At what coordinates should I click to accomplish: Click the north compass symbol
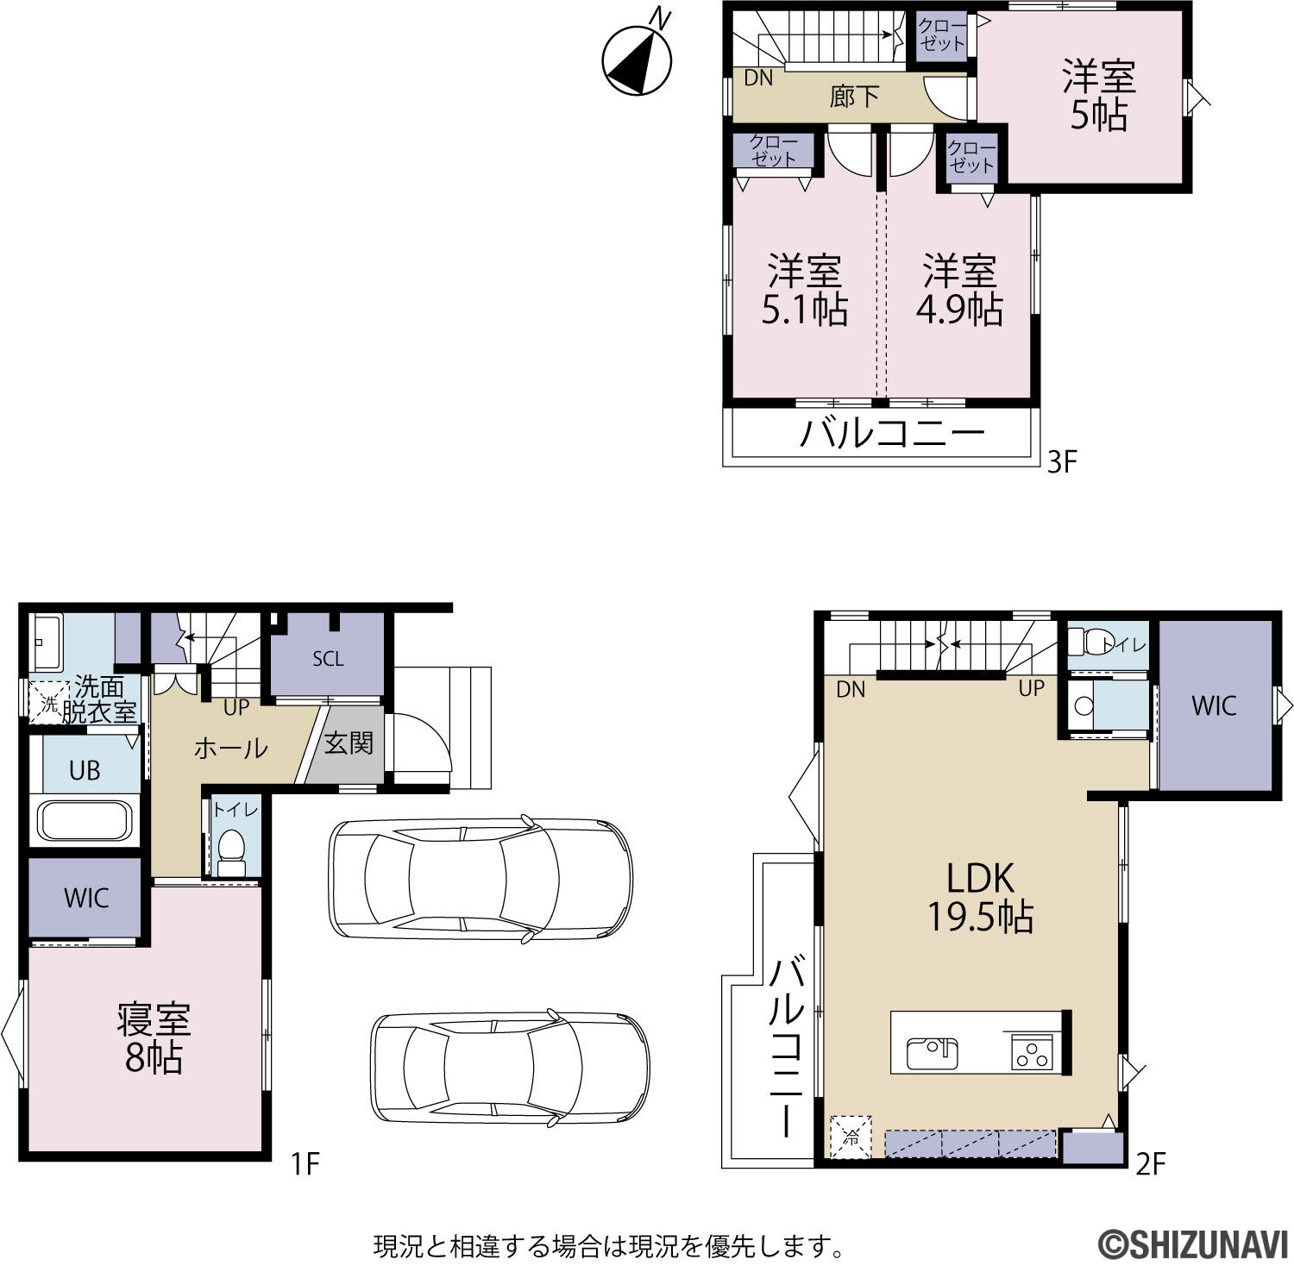pyautogui.click(x=638, y=56)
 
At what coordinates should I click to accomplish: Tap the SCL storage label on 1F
pyautogui.click(x=328, y=659)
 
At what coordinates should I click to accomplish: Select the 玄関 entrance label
pyautogui.click(x=349, y=743)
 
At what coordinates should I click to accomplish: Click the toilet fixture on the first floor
pyautogui.click(x=230, y=851)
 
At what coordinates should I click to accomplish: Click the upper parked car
pyautogui.click(x=481, y=878)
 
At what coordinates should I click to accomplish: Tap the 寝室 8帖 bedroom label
pyautogui.click(x=154, y=1038)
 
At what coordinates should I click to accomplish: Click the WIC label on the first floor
pyautogui.click(x=86, y=899)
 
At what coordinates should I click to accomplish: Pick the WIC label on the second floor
pyautogui.click(x=1214, y=705)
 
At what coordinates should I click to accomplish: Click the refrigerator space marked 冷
pyautogui.click(x=851, y=1137)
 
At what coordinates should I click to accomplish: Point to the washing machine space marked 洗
pyautogui.click(x=50, y=704)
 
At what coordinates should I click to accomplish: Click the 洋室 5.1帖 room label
pyautogui.click(x=804, y=290)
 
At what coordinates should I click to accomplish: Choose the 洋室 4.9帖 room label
pyautogui.click(x=959, y=290)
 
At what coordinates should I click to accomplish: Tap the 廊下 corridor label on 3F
pyautogui.click(x=854, y=96)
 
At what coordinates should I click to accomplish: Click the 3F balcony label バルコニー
pyautogui.click(x=892, y=434)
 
